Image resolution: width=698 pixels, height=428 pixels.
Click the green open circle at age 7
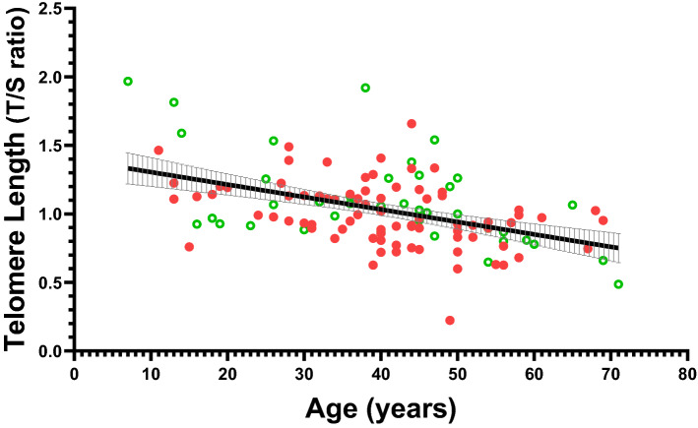[x=128, y=82]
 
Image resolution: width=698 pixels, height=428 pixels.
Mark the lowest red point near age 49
[x=450, y=320]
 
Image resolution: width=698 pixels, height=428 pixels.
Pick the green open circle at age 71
[x=618, y=284]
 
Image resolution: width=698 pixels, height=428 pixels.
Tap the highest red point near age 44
[x=412, y=124]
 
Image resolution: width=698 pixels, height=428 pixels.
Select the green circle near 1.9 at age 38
[x=365, y=88]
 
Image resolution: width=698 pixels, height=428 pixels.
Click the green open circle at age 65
[x=572, y=205]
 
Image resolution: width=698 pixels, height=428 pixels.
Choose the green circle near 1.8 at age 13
[x=173, y=102]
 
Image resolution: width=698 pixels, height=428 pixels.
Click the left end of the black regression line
[x=128, y=168]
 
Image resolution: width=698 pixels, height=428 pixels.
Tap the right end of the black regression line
[x=618, y=248]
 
